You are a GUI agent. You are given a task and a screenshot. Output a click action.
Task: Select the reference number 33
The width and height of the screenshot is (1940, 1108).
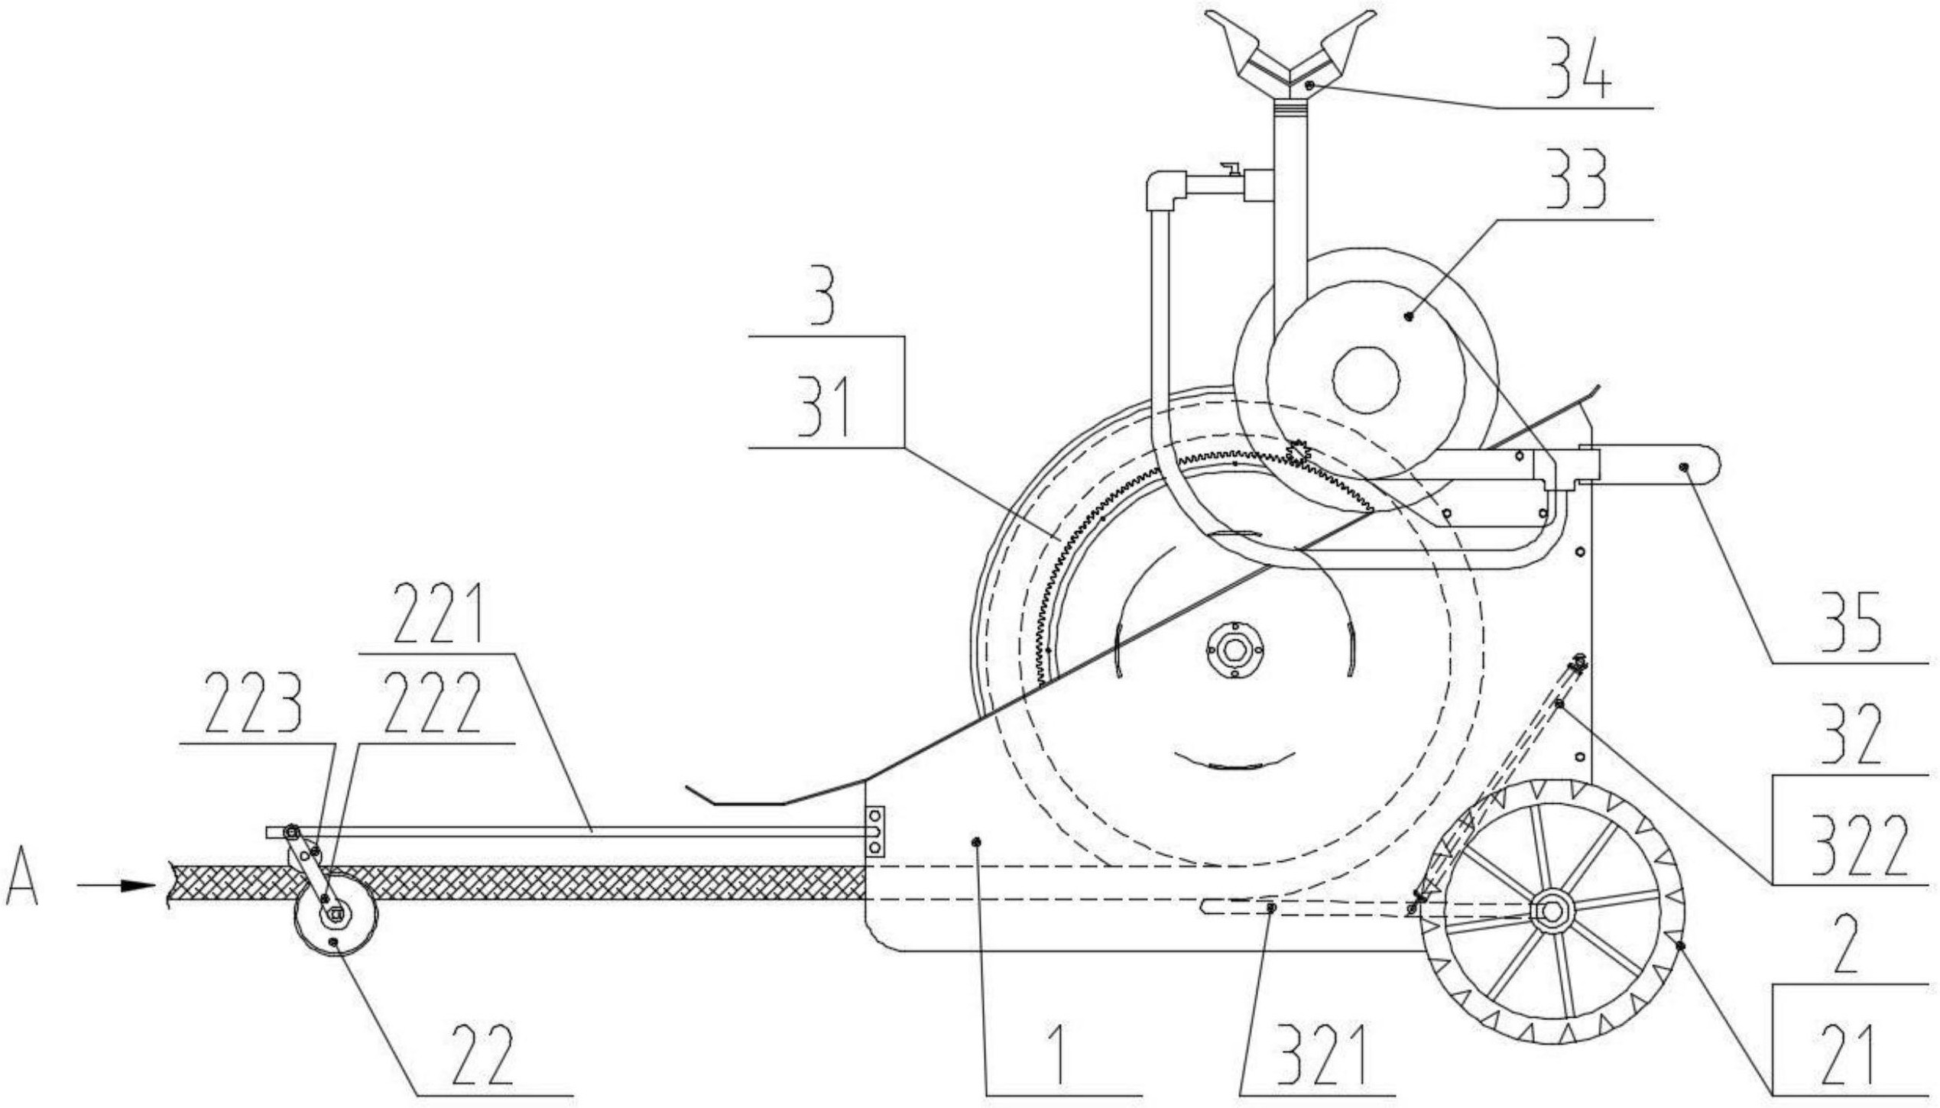[x=1578, y=182]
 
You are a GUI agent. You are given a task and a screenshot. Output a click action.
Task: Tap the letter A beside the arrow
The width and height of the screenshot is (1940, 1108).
[x=24, y=886]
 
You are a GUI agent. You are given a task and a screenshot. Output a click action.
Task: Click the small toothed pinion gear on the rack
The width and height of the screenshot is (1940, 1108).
[x=1298, y=452]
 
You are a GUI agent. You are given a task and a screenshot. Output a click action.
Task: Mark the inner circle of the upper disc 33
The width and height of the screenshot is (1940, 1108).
[x=1366, y=379]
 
